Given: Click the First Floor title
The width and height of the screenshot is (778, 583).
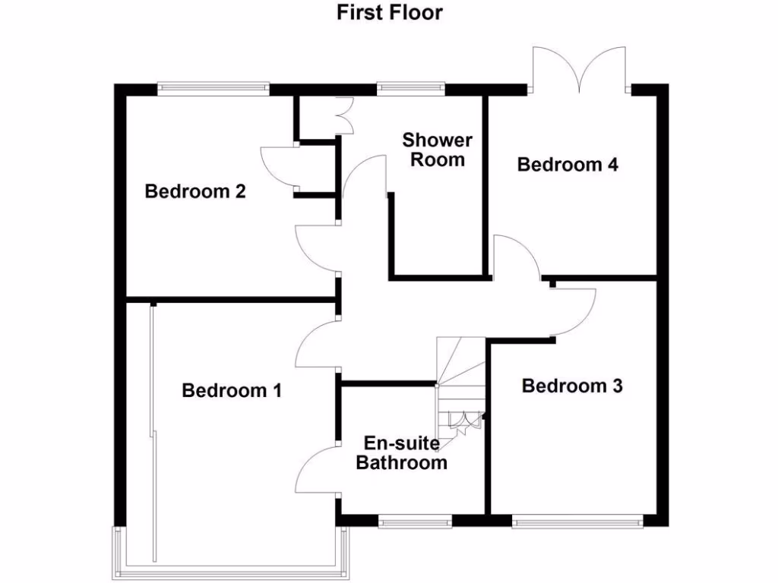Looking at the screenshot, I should (390, 12).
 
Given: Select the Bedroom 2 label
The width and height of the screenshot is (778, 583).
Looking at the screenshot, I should (195, 191).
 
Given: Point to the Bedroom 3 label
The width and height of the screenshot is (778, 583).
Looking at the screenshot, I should (572, 386).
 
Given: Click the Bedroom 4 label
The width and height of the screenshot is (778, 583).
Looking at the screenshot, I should (568, 165).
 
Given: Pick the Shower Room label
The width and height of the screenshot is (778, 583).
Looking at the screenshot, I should (437, 150).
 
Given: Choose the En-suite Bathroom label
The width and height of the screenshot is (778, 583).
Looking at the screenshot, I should (402, 453).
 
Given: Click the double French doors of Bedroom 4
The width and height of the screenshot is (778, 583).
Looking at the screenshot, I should (580, 70).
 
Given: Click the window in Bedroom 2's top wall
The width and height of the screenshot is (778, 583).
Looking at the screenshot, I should (213, 88).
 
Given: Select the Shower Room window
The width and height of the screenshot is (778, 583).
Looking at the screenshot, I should (411, 88).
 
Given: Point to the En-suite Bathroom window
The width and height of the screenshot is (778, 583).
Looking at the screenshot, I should (415, 522).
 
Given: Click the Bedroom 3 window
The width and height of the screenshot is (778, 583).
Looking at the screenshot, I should (577, 522).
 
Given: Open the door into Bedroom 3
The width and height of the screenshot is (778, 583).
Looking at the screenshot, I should (575, 311).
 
